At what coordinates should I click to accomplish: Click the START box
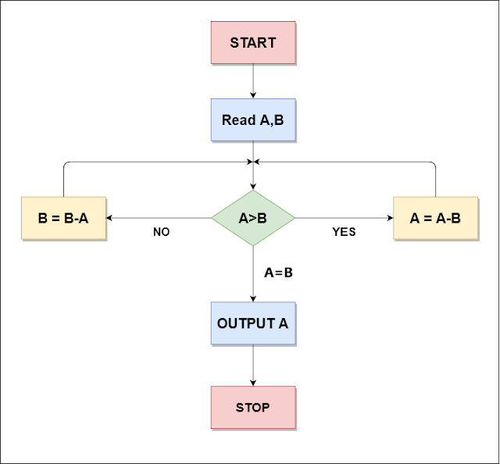253,43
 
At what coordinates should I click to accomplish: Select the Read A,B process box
253,120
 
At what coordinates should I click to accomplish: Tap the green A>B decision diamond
253,218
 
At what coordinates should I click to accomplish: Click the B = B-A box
63,218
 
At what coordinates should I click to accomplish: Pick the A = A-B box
435,218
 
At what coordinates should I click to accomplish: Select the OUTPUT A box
253,323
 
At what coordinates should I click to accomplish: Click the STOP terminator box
253,407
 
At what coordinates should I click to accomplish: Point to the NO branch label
161,232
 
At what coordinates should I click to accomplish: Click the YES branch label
344,232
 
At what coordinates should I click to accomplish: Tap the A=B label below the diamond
278,273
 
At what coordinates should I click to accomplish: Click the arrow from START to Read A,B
253,81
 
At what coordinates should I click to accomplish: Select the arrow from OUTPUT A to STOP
253,366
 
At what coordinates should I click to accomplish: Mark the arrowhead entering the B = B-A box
110,218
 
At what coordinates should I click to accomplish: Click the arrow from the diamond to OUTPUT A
253,273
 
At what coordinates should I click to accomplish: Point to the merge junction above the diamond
253,162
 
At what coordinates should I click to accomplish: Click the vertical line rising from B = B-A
63,180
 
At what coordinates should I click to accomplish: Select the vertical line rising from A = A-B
435,180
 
